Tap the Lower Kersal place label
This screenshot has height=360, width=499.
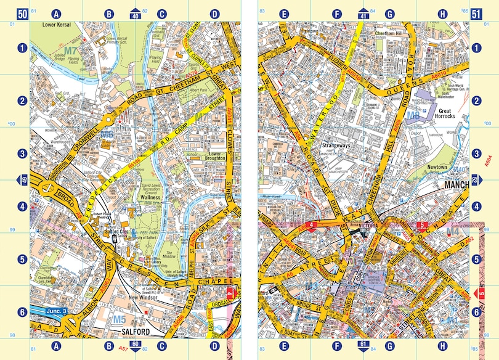coord(57,25)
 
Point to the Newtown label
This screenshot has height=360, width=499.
coord(440,167)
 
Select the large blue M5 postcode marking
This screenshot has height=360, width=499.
coord(119,319)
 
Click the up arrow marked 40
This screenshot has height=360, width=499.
coord(136,13)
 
